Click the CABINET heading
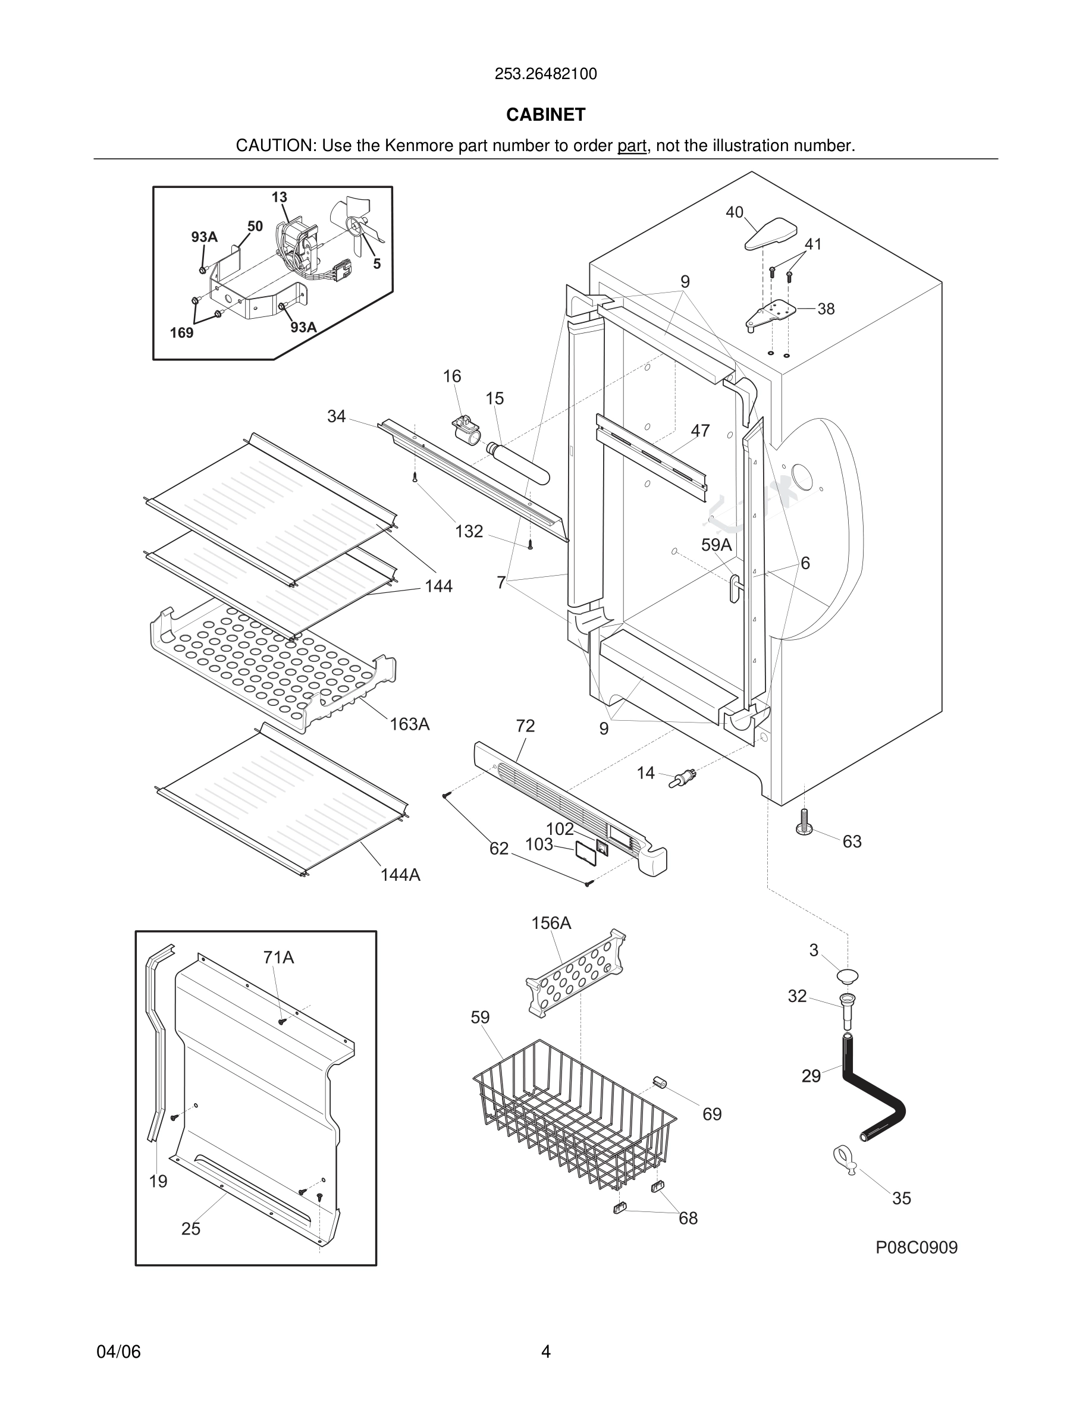pos(545,115)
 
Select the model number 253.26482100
pos(545,74)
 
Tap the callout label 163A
pos(409,724)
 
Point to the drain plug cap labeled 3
pos(847,975)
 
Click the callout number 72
pos(525,726)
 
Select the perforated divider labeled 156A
pos(575,973)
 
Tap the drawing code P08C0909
pos(916,1247)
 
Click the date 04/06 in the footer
pos(118,1352)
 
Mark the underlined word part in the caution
pos(632,146)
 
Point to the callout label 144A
pos(400,875)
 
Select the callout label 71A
pos(278,957)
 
